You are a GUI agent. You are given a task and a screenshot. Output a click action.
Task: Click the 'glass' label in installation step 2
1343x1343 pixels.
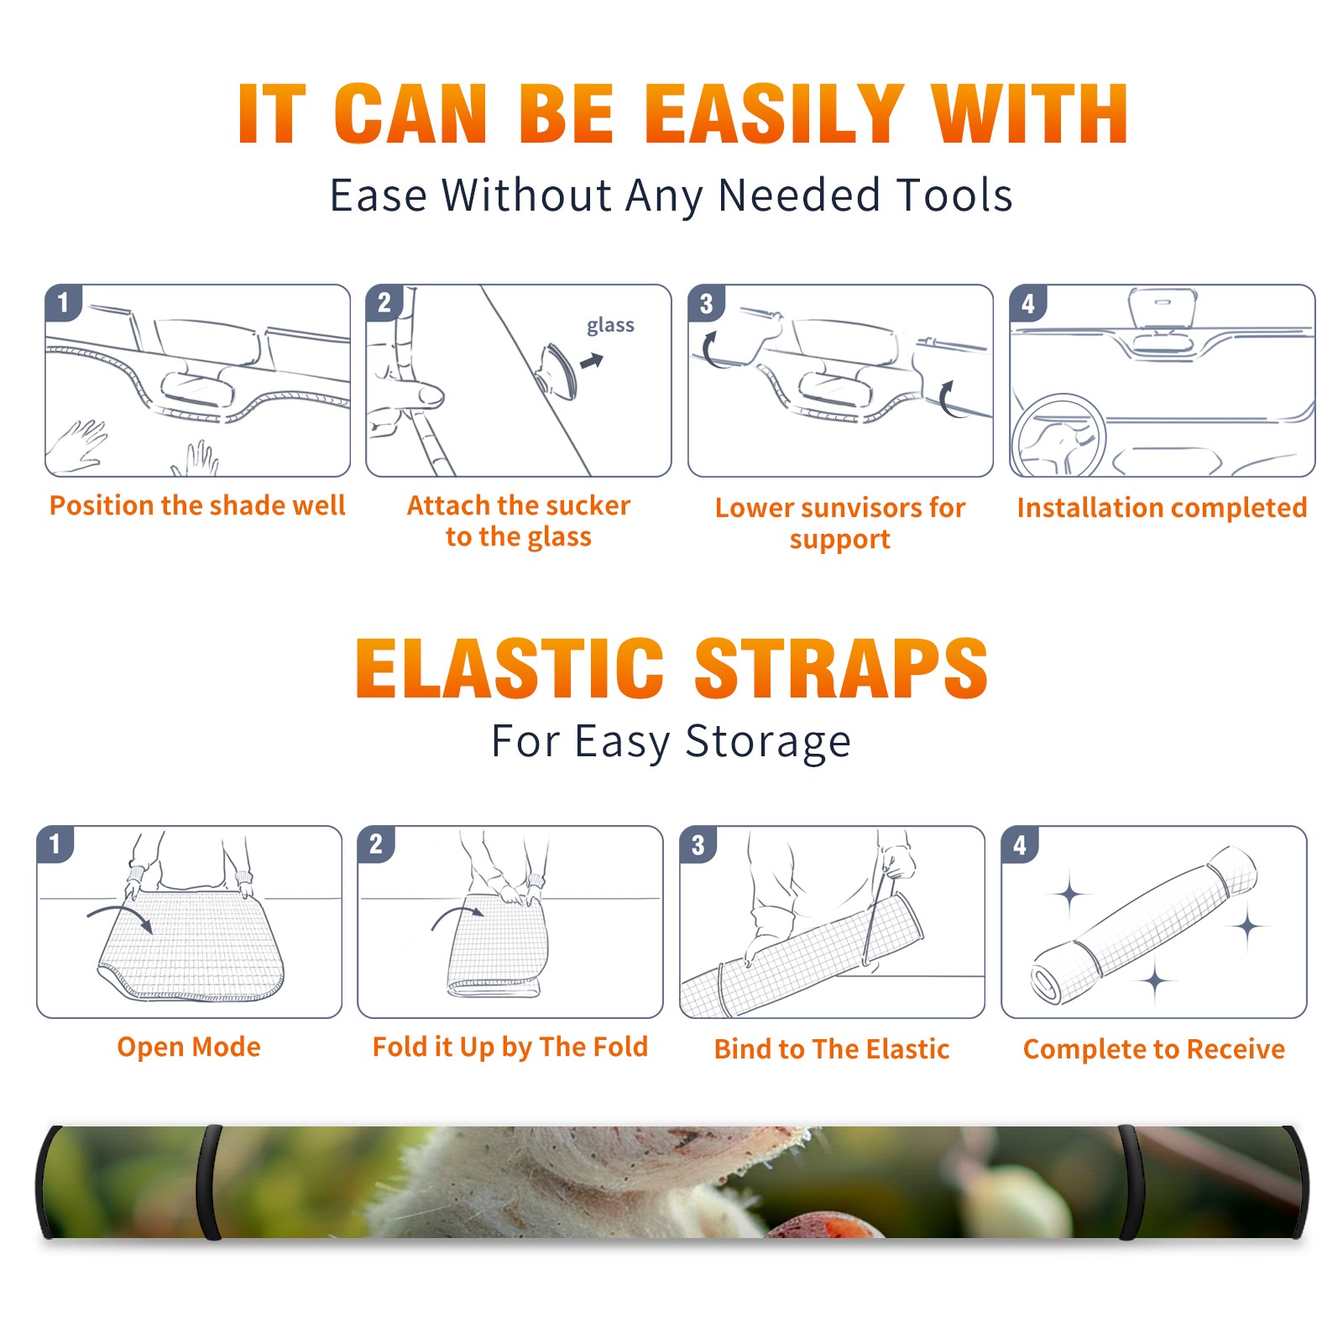pyautogui.click(x=610, y=326)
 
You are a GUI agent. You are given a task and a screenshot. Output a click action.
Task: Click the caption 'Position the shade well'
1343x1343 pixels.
pyautogui.click(x=197, y=505)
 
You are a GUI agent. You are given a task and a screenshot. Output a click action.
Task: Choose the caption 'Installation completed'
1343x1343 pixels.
pyautogui.click(x=1162, y=508)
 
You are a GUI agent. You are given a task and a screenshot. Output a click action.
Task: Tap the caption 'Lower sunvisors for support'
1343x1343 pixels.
pyautogui.click(x=840, y=523)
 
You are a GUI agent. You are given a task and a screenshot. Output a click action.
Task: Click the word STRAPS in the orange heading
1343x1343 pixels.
pyautogui.click(x=841, y=668)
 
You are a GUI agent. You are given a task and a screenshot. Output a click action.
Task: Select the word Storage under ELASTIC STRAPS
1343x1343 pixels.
pyautogui.click(x=768, y=742)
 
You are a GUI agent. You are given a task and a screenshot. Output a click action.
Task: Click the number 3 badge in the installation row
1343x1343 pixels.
pyautogui.click(x=707, y=304)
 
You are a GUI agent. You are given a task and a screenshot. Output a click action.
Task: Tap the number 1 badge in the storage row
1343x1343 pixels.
pyautogui.click(x=55, y=844)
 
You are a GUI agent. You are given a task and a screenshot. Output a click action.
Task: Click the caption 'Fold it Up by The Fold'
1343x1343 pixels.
pyautogui.click(x=510, y=1048)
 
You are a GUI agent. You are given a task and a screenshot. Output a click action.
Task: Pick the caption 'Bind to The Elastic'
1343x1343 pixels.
pyautogui.click(x=832, y=1049)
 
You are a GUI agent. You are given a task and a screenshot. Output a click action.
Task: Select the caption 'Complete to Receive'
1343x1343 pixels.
pyautogui.click(x=1154, y=1049)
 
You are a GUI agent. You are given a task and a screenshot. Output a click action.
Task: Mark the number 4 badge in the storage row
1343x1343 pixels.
pyautogui.click(x=1020, y=844)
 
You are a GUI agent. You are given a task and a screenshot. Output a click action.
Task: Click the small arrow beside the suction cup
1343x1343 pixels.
pyautogui.click(x=592, y=361)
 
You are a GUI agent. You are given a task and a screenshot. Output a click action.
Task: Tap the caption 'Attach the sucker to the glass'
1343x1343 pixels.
pyautogui.click(x=519, y=520)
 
